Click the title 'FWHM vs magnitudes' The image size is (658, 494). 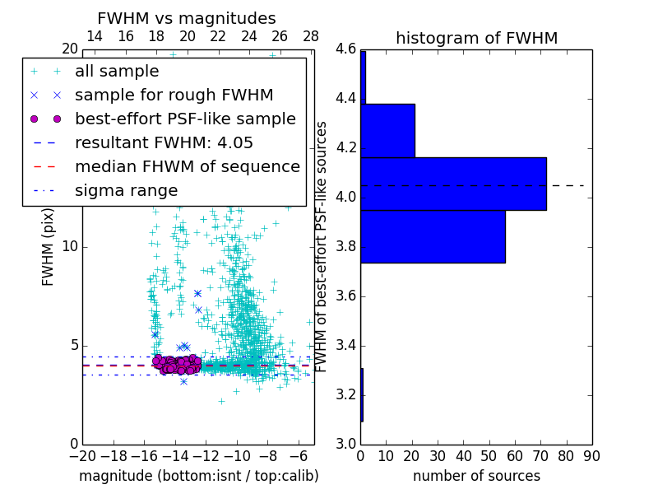tap(186, 19)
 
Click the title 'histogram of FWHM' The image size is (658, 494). tap(476, 38)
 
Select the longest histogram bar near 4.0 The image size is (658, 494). tap(453, 184)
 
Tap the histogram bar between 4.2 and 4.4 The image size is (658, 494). tap(387, 130)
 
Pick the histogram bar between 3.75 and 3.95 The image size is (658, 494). tap(433, 236)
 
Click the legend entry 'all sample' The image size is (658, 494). tap(117, 72)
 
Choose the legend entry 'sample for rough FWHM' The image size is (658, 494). tap(174, 95)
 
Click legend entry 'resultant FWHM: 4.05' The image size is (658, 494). tap(164, 142)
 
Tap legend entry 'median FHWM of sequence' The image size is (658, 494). tap(187, 166)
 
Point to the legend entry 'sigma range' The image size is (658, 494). tap(126, 190)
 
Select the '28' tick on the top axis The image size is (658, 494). tap(311, 36)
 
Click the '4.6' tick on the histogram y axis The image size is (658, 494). tap(345, 49)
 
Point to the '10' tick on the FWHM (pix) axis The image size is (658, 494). tap(69, 247)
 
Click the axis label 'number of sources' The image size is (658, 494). tap(476, 476)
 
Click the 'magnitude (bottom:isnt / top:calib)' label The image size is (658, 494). tap(198, 476)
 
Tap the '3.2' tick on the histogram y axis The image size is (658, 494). tap(345, 394)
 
